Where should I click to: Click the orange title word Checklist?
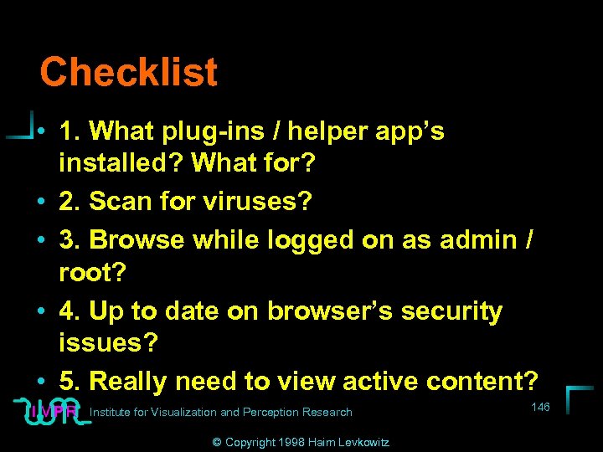coord(128,72)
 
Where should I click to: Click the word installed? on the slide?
coord(121,162)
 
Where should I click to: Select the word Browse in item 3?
coord(137,239)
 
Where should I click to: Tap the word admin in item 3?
coord(479,239)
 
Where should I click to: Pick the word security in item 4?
coord(451,311)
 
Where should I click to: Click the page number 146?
coord(540,407)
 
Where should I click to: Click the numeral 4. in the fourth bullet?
coord(70,311)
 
